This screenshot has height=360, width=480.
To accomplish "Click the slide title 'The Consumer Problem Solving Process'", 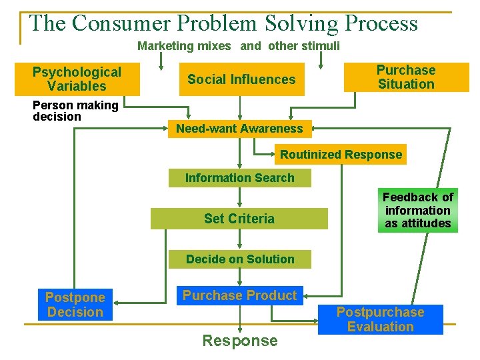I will click(x=223, y=24).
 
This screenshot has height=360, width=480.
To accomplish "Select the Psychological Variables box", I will click(x=77, y=79).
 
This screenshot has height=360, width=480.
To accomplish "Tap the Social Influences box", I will click(x=241, y=79).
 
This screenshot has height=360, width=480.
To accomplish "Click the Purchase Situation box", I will click(x=405, y=77).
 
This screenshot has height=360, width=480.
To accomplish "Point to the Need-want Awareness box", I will click(x=239, y=129).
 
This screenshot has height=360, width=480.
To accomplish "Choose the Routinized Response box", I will click(x=341, y=155).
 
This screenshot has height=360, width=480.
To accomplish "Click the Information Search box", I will click(x=239, y=178).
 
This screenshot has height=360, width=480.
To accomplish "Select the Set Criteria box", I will click(x=239, y=219).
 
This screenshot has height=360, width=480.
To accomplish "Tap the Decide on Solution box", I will click(x=239, y=259).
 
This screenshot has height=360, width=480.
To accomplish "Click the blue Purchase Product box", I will click(x=239, y=295).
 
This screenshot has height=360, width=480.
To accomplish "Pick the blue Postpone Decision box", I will click(x=75, y=305).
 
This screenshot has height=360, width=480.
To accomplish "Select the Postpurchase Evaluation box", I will click(x=380, y=319).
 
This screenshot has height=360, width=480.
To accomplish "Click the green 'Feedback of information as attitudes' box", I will click(x=417, y=210).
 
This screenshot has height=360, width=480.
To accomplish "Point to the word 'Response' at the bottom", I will click(x=239, y=341).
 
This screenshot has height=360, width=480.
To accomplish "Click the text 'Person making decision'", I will click(x=75, y=111).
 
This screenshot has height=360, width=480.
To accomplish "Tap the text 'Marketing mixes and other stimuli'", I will click(x=238, y=46).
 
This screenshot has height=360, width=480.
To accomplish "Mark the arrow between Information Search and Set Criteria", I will click(x=239, y=197).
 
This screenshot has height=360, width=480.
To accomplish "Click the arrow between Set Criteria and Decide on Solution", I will click(x=239, y=240).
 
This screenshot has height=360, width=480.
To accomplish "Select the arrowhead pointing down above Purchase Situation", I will click(x=321, y=65).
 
